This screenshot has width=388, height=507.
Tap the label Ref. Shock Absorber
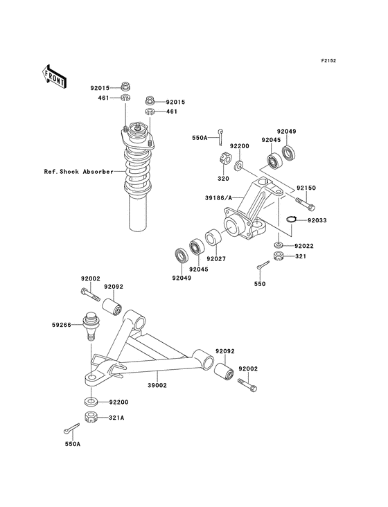[78, 171]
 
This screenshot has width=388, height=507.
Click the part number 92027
[215, 258]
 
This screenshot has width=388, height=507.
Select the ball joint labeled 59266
[89, 325]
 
